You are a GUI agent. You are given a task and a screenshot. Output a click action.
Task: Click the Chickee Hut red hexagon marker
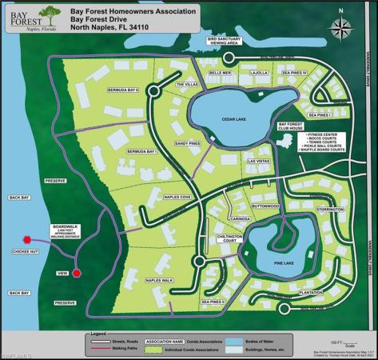(26, 239)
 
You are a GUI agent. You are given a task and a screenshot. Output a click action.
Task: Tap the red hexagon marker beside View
(77, 273)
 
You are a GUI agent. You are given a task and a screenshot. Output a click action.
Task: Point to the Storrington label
(328, 210)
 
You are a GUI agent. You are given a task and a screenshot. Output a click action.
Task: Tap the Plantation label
(311, 293)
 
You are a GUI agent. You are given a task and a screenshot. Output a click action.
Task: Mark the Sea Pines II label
(213, 302)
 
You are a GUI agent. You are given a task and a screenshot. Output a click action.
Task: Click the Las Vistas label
(260, 161)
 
